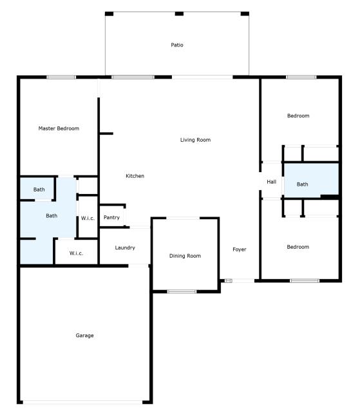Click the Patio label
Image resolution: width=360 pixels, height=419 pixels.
coord(177,45)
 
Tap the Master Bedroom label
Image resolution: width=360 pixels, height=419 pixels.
coord(59,128)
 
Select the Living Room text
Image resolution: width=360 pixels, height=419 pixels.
coord(195,140)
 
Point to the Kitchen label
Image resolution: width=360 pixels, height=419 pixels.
coord(135,176)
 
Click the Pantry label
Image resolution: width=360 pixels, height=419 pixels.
coord(111,218)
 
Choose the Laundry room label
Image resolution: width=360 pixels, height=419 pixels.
coord(125,248)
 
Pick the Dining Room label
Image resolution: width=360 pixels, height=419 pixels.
coord(185,256)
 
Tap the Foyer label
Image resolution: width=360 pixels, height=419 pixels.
coord(240,249)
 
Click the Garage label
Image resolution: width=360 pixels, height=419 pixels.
coord(84,335)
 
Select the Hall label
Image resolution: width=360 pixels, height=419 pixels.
coord(271,182)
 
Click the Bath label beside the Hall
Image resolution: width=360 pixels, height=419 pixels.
coord(303,184)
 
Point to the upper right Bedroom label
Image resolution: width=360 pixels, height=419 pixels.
coord(298,116)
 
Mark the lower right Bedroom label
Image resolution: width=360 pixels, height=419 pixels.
coord(298,247)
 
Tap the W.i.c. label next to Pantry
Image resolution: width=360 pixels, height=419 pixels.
coord(88,219)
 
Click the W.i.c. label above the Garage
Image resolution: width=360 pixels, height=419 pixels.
coord(76,253)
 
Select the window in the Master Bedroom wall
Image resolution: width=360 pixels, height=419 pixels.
coord(61,77)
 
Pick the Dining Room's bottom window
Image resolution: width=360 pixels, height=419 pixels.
coord(182,292)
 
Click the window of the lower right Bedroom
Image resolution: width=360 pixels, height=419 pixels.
coord(304,280)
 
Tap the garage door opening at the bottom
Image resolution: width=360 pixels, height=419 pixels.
coord(82,403)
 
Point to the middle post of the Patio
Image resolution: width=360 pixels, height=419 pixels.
coord(179,14)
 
